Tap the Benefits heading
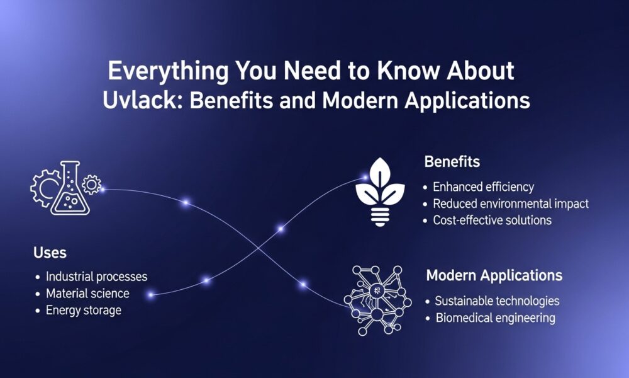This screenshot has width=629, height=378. (452, 162)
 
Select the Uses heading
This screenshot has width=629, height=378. (50, 253)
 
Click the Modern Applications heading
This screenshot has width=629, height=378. (494, 276)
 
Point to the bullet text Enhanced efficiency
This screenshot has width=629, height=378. (483, 187)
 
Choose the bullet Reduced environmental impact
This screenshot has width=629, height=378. (510, 203)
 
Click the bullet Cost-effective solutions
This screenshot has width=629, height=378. (492, 220)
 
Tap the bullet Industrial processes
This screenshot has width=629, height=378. (96, 277)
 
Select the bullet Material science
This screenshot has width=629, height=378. (87, 294)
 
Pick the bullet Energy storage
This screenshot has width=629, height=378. (83, 311)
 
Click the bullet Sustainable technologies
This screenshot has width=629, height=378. (497, 301)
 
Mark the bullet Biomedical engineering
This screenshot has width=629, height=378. (495, 318)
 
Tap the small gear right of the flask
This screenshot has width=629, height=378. (92, 185)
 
